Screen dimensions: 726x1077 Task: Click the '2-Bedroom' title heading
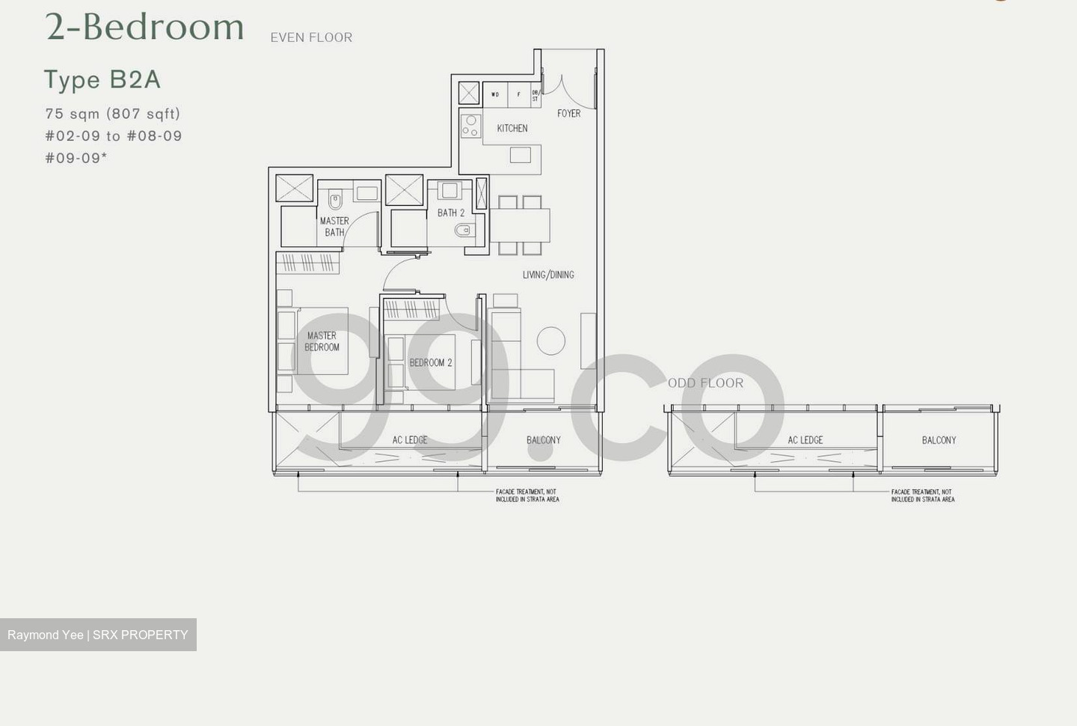point(144,27)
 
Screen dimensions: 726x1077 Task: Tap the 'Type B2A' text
point(102,79)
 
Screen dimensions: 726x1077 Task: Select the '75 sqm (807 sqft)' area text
point(113,114)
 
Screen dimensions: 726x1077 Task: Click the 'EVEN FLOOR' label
point(311,37)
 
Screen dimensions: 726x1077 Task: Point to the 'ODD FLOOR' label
point(705,383)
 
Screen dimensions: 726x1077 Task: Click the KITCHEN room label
point(512,129)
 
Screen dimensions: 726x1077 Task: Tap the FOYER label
point(568,114)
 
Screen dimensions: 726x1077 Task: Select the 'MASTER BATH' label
point(334,227)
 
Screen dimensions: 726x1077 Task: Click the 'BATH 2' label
point(451,213)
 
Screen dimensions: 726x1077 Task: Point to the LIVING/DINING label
point(548,275)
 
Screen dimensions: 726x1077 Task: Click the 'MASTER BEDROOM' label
point(322,341)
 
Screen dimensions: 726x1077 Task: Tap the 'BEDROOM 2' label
point(431,363)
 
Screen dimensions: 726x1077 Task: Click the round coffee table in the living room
point(551,341)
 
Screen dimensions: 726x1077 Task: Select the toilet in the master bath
point(335,201)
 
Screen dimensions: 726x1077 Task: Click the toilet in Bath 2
point(464,231)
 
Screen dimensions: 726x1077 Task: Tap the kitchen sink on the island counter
point(521,155)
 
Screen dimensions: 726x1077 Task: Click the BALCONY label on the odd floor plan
point(939,440)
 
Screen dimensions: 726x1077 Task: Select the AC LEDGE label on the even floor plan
point(410,440)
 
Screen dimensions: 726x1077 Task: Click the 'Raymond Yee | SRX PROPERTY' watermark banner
point(98,635)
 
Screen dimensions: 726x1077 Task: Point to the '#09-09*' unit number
point(76,158)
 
